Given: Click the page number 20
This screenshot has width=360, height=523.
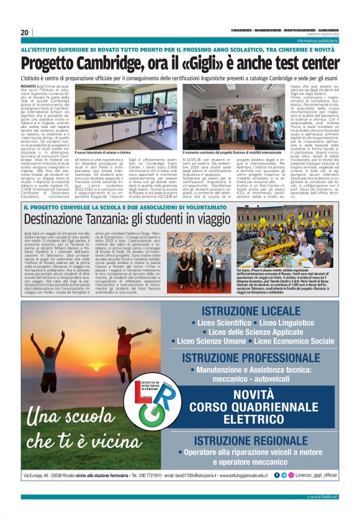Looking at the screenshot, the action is (x=25, y=33).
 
